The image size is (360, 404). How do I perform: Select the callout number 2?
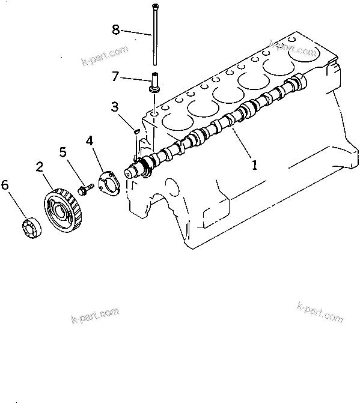tap(40, 166)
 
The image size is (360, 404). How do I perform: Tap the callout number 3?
tap(114, 107)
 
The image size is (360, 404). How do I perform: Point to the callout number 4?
tap(89, 141)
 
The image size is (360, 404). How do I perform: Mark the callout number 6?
tap(5, 185)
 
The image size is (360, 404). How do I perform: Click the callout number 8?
tap(116, 29)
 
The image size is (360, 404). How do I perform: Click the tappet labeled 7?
tap(154, 82)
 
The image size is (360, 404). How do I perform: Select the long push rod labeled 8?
tap(154, 36)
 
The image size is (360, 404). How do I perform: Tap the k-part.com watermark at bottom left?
tap(95, 315)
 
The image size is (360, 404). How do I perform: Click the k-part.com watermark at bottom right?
tap(320, 312)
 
